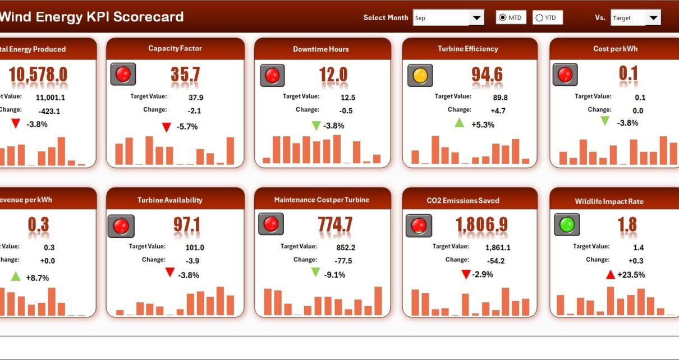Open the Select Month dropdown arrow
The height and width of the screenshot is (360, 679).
(477, 18)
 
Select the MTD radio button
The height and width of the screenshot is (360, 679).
(502, 18)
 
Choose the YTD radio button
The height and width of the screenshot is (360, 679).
(539, 18)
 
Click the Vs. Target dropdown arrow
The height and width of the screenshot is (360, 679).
(653, 18)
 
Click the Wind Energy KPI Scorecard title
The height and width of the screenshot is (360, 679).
(91, 17)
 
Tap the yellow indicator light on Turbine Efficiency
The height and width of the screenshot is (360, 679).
(420, 75)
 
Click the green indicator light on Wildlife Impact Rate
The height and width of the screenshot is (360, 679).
(567, 224)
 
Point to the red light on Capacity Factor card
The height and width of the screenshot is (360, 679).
(123, 74)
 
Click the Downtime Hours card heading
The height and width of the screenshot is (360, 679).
(321, 49)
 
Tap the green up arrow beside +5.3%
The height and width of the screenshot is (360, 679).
(459, 123)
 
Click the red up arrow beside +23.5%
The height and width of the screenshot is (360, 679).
(610, 274)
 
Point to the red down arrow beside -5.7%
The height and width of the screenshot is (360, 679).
(166, 127)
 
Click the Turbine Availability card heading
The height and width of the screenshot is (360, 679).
(170, 200)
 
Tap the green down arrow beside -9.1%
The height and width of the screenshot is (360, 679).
(315, 273)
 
